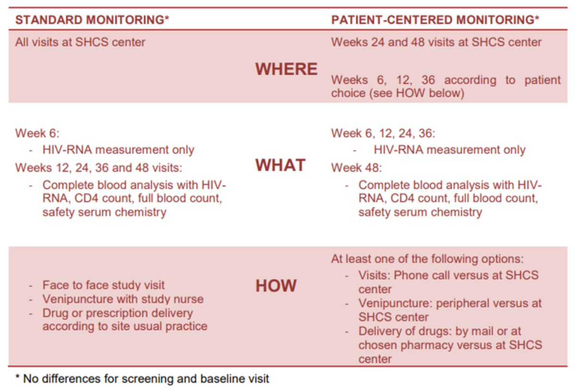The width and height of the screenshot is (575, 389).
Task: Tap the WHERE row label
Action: (x=286, y=69)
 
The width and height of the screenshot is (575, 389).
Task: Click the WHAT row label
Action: (x=280, y=165)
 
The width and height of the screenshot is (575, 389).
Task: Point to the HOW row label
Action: (x=276, y=286)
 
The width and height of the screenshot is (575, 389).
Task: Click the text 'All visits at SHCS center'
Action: (x=80, y=42)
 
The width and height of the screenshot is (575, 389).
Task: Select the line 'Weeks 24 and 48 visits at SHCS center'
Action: (x=436, y=42)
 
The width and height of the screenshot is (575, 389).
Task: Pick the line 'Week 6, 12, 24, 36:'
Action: (x=383, y=133)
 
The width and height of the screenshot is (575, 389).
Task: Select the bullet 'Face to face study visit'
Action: (x=103, y=285)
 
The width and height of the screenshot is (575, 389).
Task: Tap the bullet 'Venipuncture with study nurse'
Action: (x=123, y=299)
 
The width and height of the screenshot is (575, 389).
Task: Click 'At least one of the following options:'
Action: (x=427, y=259)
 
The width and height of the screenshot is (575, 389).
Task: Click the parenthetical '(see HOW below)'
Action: (x=416, y=93)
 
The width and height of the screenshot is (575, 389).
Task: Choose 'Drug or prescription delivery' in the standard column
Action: (x=118, y=313)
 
